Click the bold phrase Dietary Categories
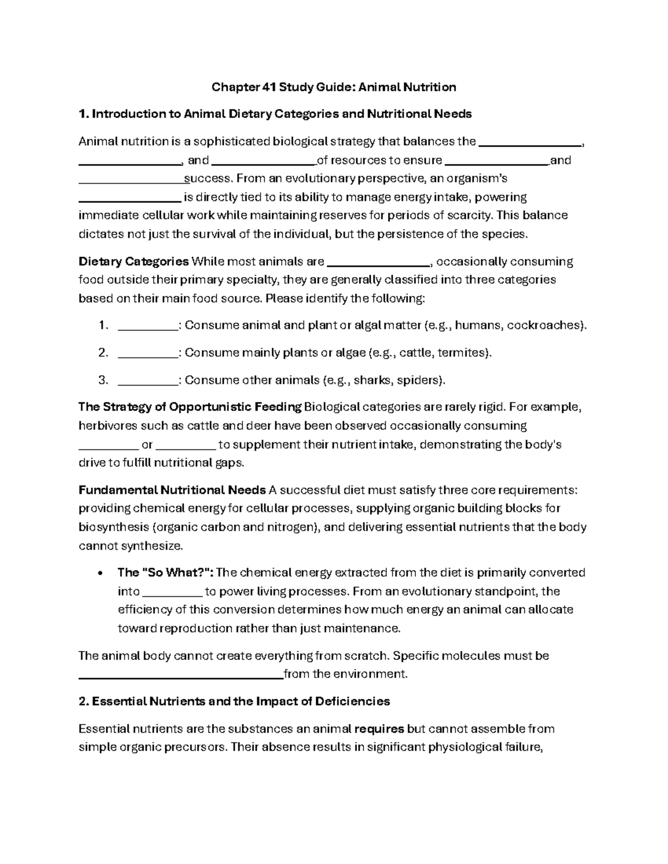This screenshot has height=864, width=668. point(134,262)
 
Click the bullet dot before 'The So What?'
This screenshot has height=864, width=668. point(99,574)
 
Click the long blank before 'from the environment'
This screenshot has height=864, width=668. point(181,675)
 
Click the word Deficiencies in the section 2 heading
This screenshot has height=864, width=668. point(352,702)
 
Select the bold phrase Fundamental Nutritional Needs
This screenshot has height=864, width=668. point(172,491)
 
